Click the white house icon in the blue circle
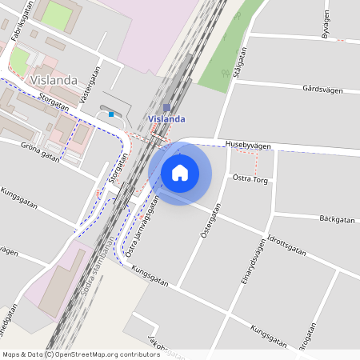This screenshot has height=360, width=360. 180,172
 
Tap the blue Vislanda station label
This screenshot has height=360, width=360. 166,119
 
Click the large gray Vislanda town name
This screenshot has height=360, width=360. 52,80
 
